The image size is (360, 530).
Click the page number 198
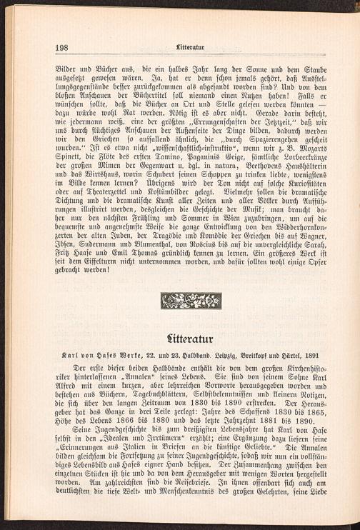click(x=61, y=49)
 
